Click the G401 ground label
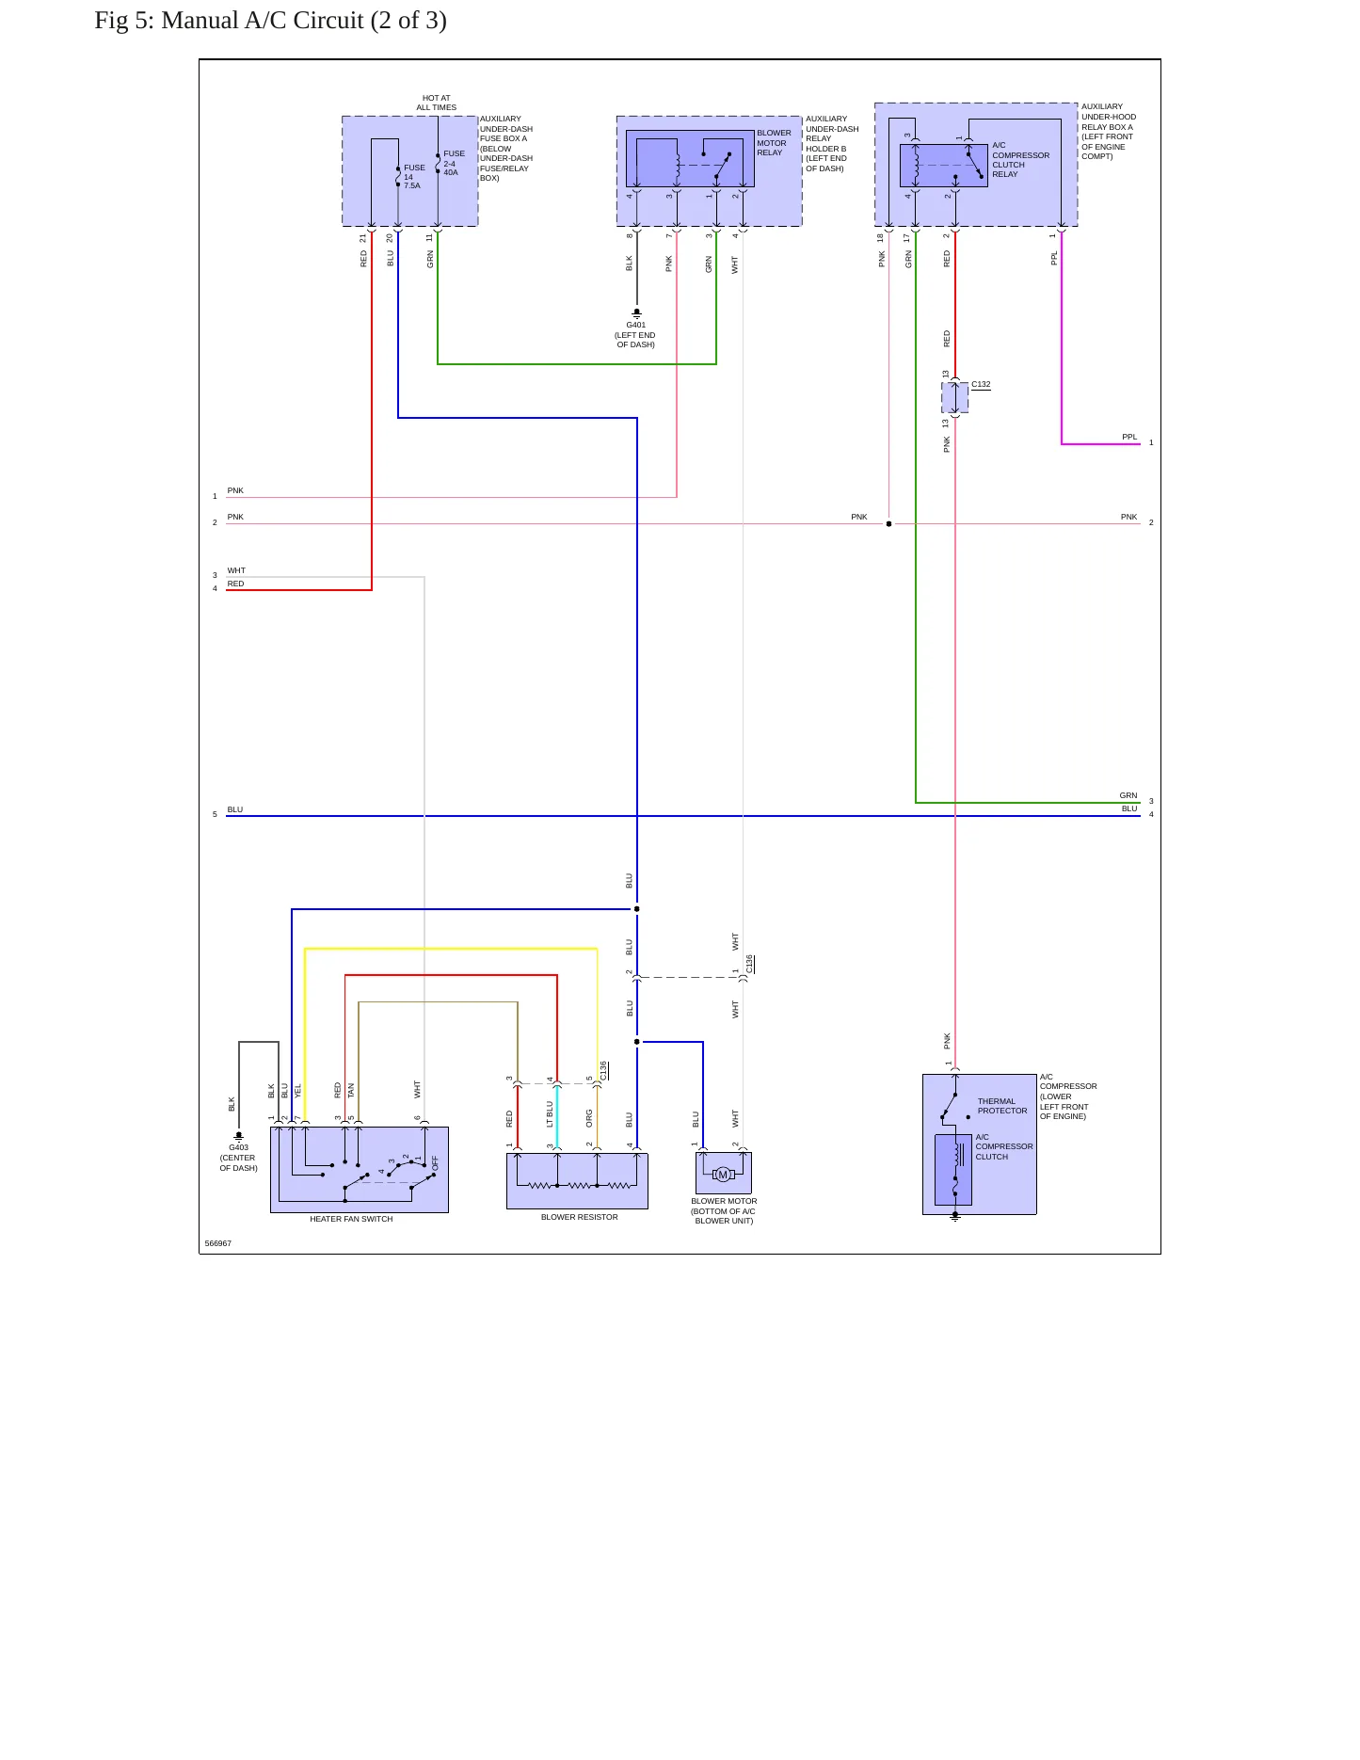[636, 325]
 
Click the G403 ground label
[239, 1147]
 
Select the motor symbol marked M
[723, 1175]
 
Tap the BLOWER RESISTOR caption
[580, 1217]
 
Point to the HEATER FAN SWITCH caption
[351, 1219]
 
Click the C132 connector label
[981, 384]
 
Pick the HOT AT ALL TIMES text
[437, 103]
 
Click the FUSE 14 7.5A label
[414, 177]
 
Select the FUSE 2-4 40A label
[454, 163]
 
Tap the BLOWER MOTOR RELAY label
[774, 143]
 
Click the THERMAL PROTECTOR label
[1002, 1106]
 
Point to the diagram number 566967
[218, 1243]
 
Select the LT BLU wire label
[551, 1114]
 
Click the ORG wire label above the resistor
[590, 1118]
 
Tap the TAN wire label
[351, 1091]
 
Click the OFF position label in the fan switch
[435, 1163]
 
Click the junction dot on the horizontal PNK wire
[888, 523]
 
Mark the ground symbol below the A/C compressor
[955, 1216]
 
